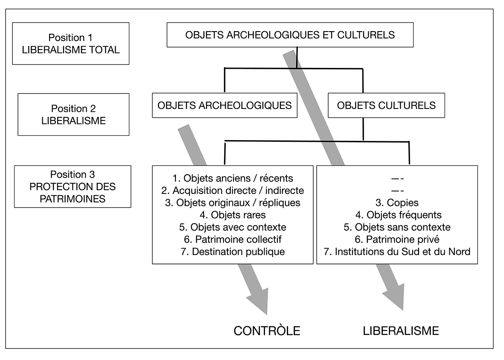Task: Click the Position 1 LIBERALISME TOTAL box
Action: click(x=70, y=43)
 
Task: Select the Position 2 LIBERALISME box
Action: click(x=73, y=114)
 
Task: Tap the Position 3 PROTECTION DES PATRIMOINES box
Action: click(x=73, y=187)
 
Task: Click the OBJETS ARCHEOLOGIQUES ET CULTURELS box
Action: click(x=290, y=35)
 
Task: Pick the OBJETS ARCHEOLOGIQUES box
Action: click(x=224, y=105)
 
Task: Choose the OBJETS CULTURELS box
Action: click(x=386, y=105)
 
